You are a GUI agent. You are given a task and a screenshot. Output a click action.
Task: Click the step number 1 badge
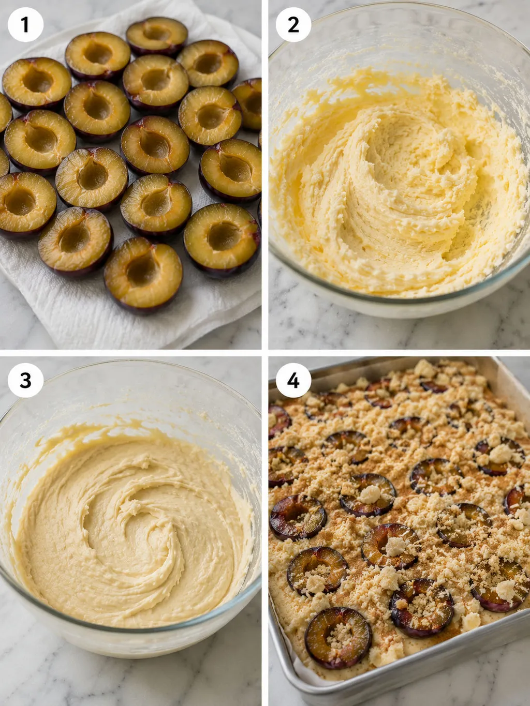[25, 25]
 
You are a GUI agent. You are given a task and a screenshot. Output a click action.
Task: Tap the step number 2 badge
[293, 25]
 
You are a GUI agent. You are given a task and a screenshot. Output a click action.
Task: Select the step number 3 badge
[25, 381]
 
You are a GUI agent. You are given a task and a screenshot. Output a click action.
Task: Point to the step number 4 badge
[293, 381]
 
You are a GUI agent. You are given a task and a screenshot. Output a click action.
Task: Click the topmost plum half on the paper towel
[157, 36]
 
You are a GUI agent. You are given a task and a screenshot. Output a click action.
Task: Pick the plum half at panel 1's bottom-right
[222, 240]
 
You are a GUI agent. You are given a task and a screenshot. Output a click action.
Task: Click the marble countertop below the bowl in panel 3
[129, 682]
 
